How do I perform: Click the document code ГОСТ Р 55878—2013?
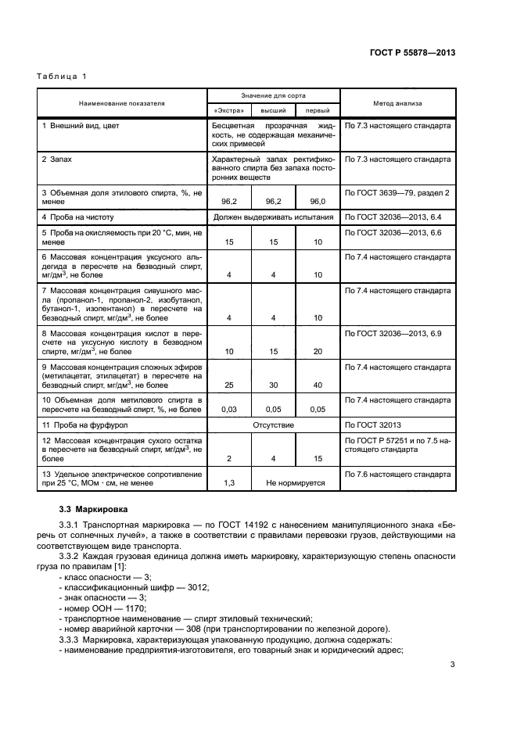click(x=412, y=53)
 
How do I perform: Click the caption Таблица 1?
click(x=62, y=76)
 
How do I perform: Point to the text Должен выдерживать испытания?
click(x=273, y=217)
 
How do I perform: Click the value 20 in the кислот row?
click(x=318, y=352)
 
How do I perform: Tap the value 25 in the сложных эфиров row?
click(x=228, y=385)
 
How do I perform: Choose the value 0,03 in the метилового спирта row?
click(x=228, y=409)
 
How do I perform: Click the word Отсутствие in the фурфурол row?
click(x=273, y=425)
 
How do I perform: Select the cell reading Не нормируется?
click(x=295, y=483)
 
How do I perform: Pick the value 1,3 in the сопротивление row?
click(x=228, y=483)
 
